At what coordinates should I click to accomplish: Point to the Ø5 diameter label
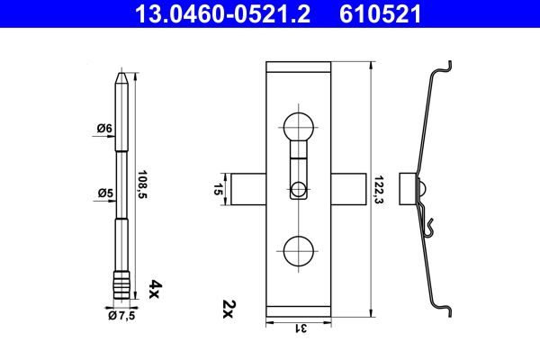point(104,193)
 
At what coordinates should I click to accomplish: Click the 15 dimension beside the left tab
point(218,190)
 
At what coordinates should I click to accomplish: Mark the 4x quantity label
point(154,288)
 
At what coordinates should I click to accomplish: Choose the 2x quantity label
point(227,310)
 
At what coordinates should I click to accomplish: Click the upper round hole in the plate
point(298,126)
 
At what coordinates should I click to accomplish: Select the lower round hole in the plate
point(298,251)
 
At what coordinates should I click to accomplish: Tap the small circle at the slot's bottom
point(298,189)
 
